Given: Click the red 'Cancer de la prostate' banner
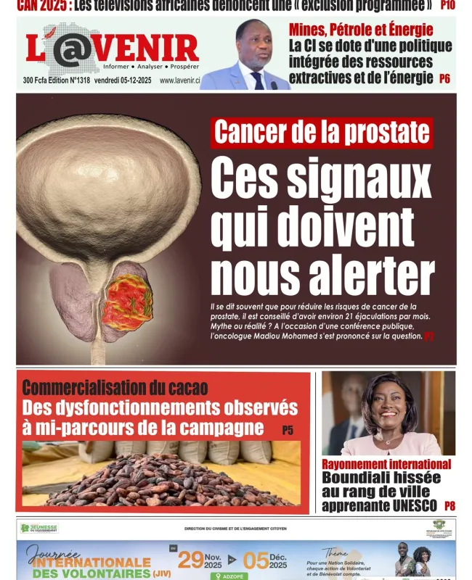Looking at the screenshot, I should coord(322,133).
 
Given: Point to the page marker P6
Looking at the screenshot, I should coord(445,78).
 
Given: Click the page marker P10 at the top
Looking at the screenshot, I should coord(448,7).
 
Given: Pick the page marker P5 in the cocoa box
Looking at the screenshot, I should coord(288,430).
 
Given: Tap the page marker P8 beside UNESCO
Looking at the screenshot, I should coord(449,506).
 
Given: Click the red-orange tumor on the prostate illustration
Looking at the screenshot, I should coord(129,302).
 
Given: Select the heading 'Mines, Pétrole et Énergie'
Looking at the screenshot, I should coord(361,30).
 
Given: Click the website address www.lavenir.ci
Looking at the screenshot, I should coord(179,80).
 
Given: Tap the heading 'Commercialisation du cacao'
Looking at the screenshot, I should coord(115,389).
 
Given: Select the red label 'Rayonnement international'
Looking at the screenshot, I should coord(386,464).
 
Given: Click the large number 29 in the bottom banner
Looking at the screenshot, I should coord(191,559).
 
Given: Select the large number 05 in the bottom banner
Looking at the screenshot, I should coord(256,559).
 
